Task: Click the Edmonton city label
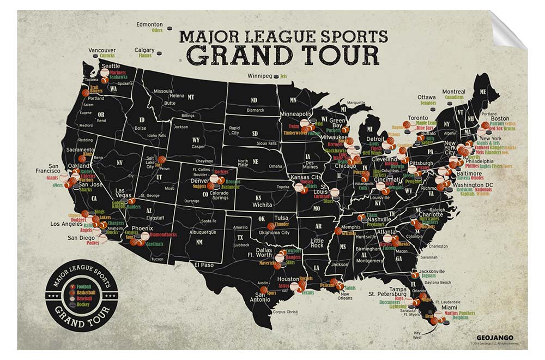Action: point(149,25)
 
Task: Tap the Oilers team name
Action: point(157,31)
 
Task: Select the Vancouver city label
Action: point(101,50)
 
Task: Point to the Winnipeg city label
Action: point(259,76)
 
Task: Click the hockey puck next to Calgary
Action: point(159,53)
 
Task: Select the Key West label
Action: point(419,335)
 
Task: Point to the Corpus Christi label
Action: point(286,312)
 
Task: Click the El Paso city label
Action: point(203,265)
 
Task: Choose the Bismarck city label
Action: point(255,110)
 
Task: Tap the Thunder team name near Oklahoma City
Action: point(282,224)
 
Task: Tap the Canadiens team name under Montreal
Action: point(454,98)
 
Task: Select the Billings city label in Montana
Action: point(187,116)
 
